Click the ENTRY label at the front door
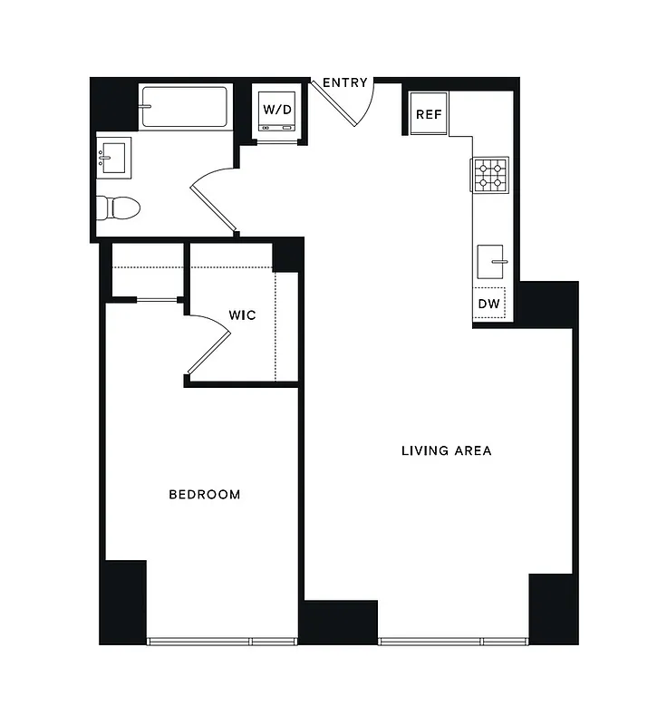tap(345, 83)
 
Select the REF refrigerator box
tap(428, 114)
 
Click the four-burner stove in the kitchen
tap(490, 174)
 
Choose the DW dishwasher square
tap(488, 304)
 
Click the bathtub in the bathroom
tap(186, 106)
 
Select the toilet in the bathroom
tap(120, 208)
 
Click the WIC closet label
tap(241, 315)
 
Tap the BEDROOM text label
tap(205, 495)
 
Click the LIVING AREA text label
tap(446, 450)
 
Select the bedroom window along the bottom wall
tap(222, 641)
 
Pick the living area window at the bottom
tap(453, 641)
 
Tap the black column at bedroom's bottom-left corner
tap(123, 601)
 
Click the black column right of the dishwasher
tap(546, 304)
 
